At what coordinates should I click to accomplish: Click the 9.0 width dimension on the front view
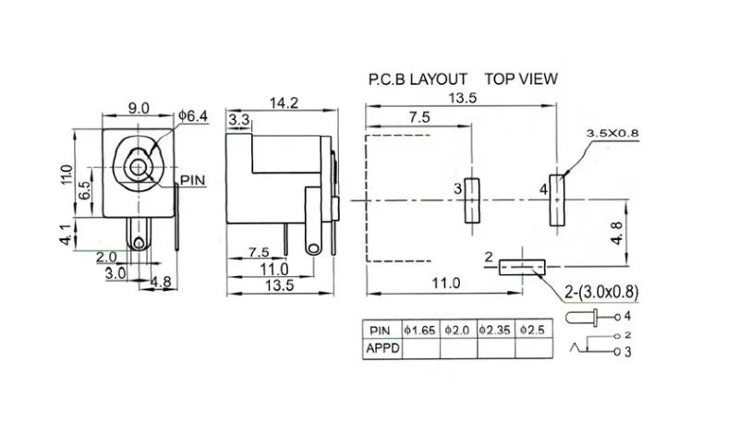(139, 108)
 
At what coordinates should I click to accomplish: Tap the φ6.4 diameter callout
(195, 116)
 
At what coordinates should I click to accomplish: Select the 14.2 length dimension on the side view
(283, 103)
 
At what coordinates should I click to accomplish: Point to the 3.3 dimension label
(238, 119)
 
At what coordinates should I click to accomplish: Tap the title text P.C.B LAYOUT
(417, 78)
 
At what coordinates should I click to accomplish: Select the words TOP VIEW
(521, 78)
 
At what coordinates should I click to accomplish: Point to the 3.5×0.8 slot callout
(612, 133)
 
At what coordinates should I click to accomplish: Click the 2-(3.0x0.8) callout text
(600, 293)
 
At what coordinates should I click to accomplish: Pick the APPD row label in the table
(382, 348)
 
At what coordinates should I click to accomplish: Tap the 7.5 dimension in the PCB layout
(418, 117)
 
